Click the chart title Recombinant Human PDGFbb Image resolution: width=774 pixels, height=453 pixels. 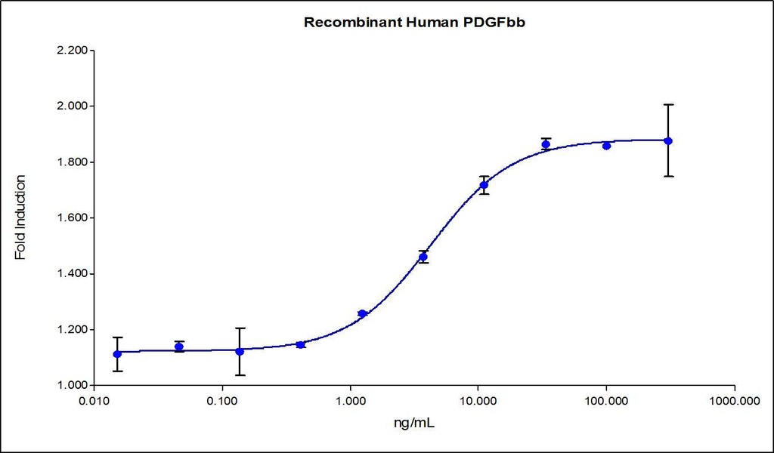pos(415,22)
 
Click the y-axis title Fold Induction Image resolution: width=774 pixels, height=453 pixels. pos(20,217)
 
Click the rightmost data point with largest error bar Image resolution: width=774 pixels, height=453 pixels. pos(667,141)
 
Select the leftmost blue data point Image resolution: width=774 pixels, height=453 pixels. pos(116,354)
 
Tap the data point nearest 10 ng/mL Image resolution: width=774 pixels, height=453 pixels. pos(484,185)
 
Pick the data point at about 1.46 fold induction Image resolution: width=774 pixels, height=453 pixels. pos(423,257)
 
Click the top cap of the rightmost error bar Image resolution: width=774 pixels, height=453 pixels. pos(667,104)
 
